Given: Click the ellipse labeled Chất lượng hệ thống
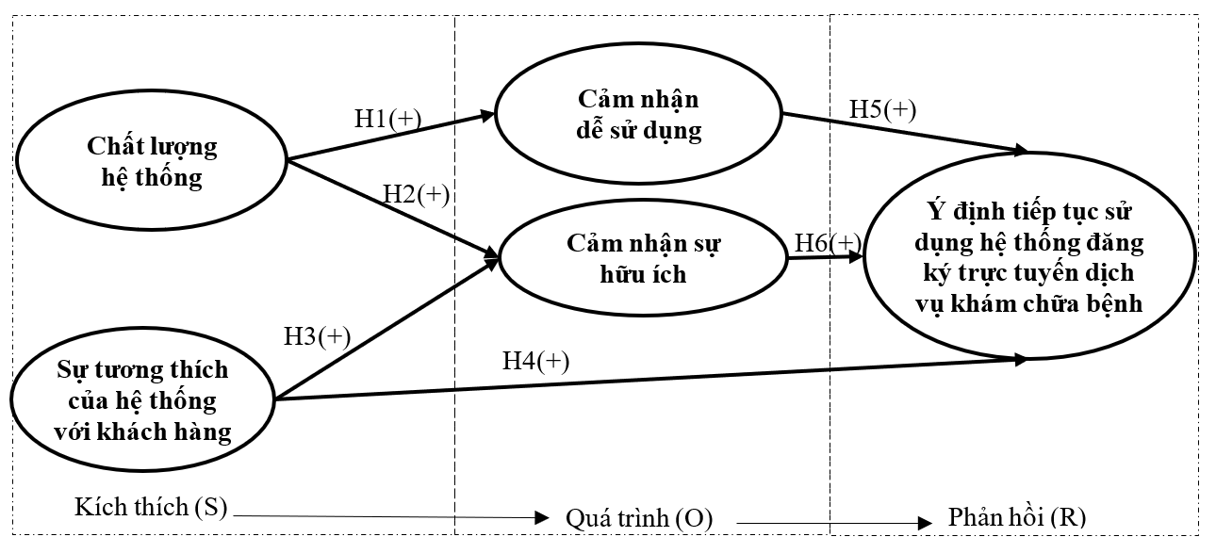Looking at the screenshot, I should click(151, 162).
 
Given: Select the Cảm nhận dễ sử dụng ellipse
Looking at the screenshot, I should click(639, 116).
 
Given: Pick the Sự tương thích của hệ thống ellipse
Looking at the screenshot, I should click(144, 400).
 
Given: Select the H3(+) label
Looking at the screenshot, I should click(317, 336).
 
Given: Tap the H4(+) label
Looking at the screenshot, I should click(535, 359).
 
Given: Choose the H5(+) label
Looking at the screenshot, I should click(882, 108).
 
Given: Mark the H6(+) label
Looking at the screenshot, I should click(827, 242).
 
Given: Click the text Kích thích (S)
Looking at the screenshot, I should click(152, 508).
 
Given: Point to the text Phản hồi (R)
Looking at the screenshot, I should click(1015, 518).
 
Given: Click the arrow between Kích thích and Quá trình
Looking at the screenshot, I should click(386, 515).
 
